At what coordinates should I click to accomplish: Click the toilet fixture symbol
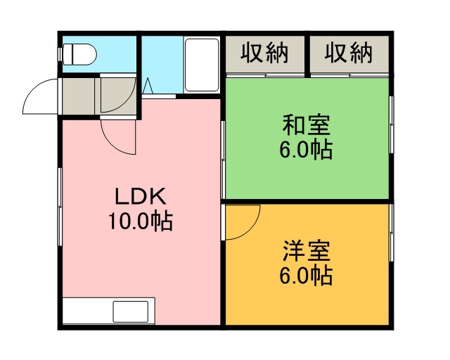pyautogui.click(x=77, y=54)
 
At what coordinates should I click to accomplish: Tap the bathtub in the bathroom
pyautogui.click(x=202, y=65)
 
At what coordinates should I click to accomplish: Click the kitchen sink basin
pyautogui.click(x=131, y=311)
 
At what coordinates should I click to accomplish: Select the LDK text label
pyautogui.click(x=141, y=196)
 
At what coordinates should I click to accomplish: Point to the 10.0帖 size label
pyautogui.click(x=141, y=221)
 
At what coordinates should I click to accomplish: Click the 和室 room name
pyautogui.click(x=307, y=125)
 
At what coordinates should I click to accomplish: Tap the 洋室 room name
pyautogui.click(x=307, y=251)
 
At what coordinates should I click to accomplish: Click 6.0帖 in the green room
pyautogui.click(x=307, y=150)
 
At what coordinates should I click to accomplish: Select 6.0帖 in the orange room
pyautogui.click(x=307, y=276)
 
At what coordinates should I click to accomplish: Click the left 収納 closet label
pyautogui.click(x=264, y=53)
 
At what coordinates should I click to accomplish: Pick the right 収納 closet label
pyautogui.click(x=349, y=53)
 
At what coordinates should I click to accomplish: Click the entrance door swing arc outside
pyautogui.click(x=41, y=96)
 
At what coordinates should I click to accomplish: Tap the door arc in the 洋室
pyautogui.click(x=243, y=222)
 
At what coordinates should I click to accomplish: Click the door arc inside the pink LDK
pyautogui.click(x=118, y=137)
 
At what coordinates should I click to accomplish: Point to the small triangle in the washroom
pyautogui.click(x=148, y=85)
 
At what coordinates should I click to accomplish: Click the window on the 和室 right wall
pyautogui.click(x=391, y=124)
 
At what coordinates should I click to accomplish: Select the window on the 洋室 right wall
pyautogui.click(x=391, y=233)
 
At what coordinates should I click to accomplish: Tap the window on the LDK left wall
pyautogui.click(x=60, y=207)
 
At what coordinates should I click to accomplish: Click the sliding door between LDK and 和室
pyautogui.click(x=223, y=160)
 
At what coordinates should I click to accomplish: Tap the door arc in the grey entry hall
pyautogui.click(x=118, y=95)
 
